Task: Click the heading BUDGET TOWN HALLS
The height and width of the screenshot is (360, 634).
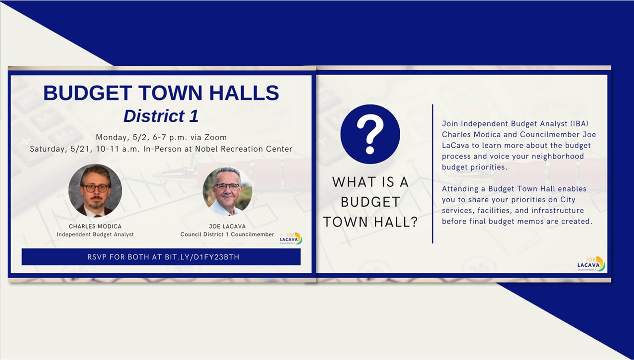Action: coord(161,92)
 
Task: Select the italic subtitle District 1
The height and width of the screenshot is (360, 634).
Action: coord(161,116)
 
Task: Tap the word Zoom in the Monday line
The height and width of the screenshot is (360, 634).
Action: coord(216,137)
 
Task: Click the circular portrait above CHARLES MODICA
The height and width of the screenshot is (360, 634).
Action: coord(95,191)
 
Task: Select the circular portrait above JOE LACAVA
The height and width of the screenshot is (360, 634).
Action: coord(227,191)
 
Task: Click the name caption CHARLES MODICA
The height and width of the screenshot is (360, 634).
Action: coord(95,226)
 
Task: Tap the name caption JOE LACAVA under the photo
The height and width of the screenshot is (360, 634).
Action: coord(227,226)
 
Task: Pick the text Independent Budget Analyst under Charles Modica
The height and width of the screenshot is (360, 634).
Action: coord(95,234)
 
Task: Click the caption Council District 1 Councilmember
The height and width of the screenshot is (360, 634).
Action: coord(227,234)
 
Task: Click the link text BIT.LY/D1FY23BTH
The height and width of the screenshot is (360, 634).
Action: coord(202,257)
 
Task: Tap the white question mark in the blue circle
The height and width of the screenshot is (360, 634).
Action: coord(370,134)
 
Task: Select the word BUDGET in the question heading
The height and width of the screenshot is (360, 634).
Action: coord(370,202)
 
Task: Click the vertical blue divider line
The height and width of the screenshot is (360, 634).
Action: coord(432,174)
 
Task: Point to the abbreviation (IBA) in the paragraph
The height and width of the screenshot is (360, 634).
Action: coord(579,124)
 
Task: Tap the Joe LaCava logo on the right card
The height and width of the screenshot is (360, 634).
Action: coord(591,264)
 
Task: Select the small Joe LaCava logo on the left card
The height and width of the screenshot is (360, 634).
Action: coord(291,239)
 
